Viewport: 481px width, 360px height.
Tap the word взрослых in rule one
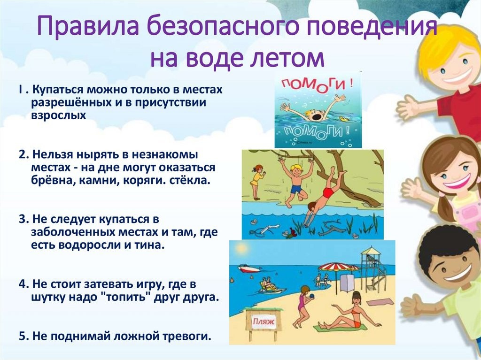pos(59,116)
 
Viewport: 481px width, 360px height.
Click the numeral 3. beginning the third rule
pos(23,220)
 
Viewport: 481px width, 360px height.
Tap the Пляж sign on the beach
pos(263,322)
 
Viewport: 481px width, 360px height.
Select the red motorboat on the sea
pos(249,268)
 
